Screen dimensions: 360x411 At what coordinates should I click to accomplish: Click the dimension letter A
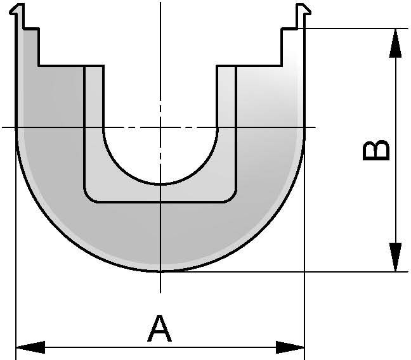point(160,330)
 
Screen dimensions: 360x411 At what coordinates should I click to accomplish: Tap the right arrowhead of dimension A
point(290,347)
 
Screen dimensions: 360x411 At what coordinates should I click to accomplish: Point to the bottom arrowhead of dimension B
point(395,257)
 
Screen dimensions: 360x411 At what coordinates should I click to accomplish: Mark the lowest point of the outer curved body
point(160,271)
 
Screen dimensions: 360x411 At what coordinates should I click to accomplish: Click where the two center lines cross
point(160,127)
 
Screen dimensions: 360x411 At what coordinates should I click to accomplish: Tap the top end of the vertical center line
point(160,4)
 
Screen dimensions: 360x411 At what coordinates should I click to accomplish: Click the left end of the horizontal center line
point(3,127)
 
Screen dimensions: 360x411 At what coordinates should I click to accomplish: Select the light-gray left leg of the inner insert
point(94,127)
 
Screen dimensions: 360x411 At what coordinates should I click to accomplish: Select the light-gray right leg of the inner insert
point(227,127)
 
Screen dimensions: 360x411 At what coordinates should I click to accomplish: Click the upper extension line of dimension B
point(355,29)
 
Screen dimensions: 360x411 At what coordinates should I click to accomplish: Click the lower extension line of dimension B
point(355,272)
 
